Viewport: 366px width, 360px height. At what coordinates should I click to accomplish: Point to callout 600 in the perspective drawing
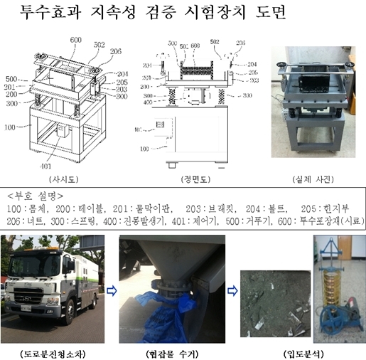click(75, 40)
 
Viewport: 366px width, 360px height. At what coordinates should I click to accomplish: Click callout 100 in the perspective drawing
click(10, 128)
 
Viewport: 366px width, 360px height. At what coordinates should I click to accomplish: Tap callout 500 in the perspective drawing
click(11, 78)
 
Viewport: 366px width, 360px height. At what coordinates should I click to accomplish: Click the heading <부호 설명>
click(36, 195)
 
